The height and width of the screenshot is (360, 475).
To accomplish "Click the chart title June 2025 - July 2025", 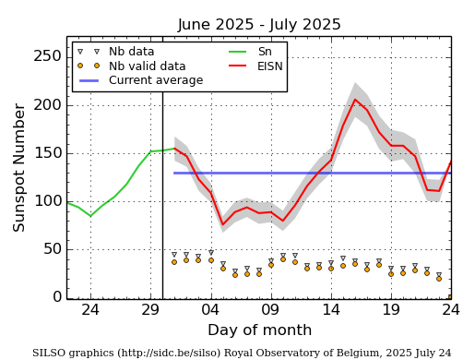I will [259, 25].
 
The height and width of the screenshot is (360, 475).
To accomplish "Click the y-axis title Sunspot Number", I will [20, 167].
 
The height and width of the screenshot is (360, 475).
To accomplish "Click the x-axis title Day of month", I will [259, 330].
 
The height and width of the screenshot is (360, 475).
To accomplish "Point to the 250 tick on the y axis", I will [47, 56].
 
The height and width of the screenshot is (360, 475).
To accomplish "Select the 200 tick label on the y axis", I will [47, 104].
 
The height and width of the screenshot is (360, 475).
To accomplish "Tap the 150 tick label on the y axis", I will [47, 152].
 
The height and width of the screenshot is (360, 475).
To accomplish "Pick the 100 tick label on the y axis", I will [47, 200].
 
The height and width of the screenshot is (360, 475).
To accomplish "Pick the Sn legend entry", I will [265, 52].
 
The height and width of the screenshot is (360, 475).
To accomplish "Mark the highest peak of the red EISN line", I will [355, 100].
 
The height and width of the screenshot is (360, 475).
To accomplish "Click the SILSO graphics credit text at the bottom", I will [242, 353].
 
